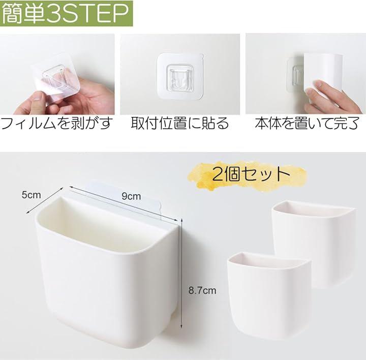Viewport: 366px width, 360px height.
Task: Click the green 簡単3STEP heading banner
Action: click(67, 13)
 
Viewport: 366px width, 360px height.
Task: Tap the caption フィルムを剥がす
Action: click(57, 123)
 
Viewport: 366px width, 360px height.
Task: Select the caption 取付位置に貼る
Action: click(180, 123)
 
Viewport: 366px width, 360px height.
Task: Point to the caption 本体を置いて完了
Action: click(307, 123)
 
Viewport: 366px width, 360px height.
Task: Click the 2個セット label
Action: click(251, 174)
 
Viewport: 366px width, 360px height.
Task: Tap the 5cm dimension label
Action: click(32, 195)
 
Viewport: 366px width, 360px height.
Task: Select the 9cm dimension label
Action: click(131, 196)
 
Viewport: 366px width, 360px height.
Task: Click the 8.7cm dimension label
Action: click(202, 290)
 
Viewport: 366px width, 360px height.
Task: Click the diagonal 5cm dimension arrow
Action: click(45, 200)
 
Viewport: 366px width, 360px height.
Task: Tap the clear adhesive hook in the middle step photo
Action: click(180, 76)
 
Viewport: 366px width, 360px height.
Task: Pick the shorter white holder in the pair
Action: click(268, 293)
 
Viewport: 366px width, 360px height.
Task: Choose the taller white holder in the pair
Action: click(314, 244)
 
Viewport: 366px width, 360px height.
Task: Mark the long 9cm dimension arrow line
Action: click(123, 203)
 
